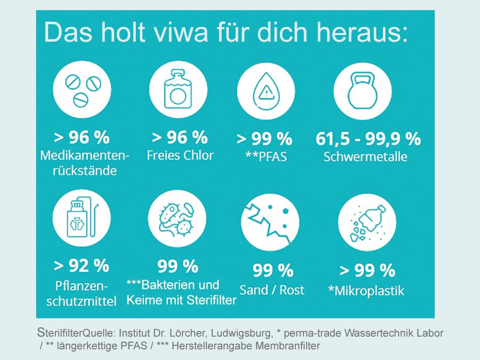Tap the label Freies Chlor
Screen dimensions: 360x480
tap(180, 155)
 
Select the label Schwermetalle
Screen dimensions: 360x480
tap(366, 156)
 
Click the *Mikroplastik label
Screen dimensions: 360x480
tap(367, 291)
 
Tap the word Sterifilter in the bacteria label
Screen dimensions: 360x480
tap(209, 301)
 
